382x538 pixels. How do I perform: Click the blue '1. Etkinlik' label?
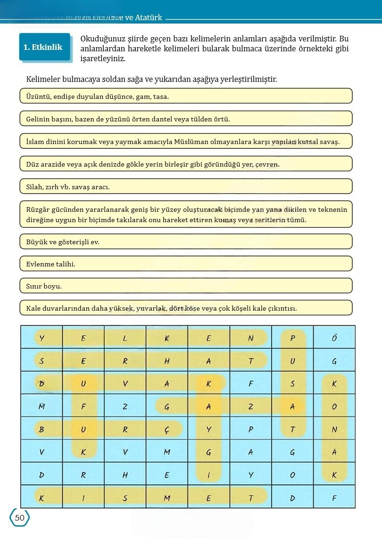(x=43, y=47)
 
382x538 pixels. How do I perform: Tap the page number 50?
(x=19, y=518)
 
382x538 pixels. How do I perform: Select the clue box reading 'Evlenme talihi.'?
(x=186, y=264)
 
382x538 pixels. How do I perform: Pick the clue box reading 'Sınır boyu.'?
(x=186, y=286)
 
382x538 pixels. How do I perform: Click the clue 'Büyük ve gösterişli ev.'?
(x=186, y=241)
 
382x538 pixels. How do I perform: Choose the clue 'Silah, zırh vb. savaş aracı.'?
(x=186, y=186)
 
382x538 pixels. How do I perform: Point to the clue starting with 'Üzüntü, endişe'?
(x=186, y=96)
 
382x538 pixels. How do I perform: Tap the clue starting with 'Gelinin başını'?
(x=186, y=119)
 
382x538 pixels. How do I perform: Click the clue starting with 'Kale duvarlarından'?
(x=186, y=308)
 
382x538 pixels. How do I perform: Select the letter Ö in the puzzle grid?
(x=334, y=338)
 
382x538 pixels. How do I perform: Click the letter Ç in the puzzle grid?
(x=167, y=429)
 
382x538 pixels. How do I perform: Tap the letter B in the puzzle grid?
(x=42, y=429)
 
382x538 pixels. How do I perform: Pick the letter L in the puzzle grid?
(x=125, y=338)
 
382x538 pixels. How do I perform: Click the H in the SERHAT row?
(x=167, y=361)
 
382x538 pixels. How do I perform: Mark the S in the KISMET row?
(x=125, y=498)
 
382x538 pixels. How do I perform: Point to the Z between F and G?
(x=125, y=407)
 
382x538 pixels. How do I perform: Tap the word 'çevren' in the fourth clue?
(x=267, y=164)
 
